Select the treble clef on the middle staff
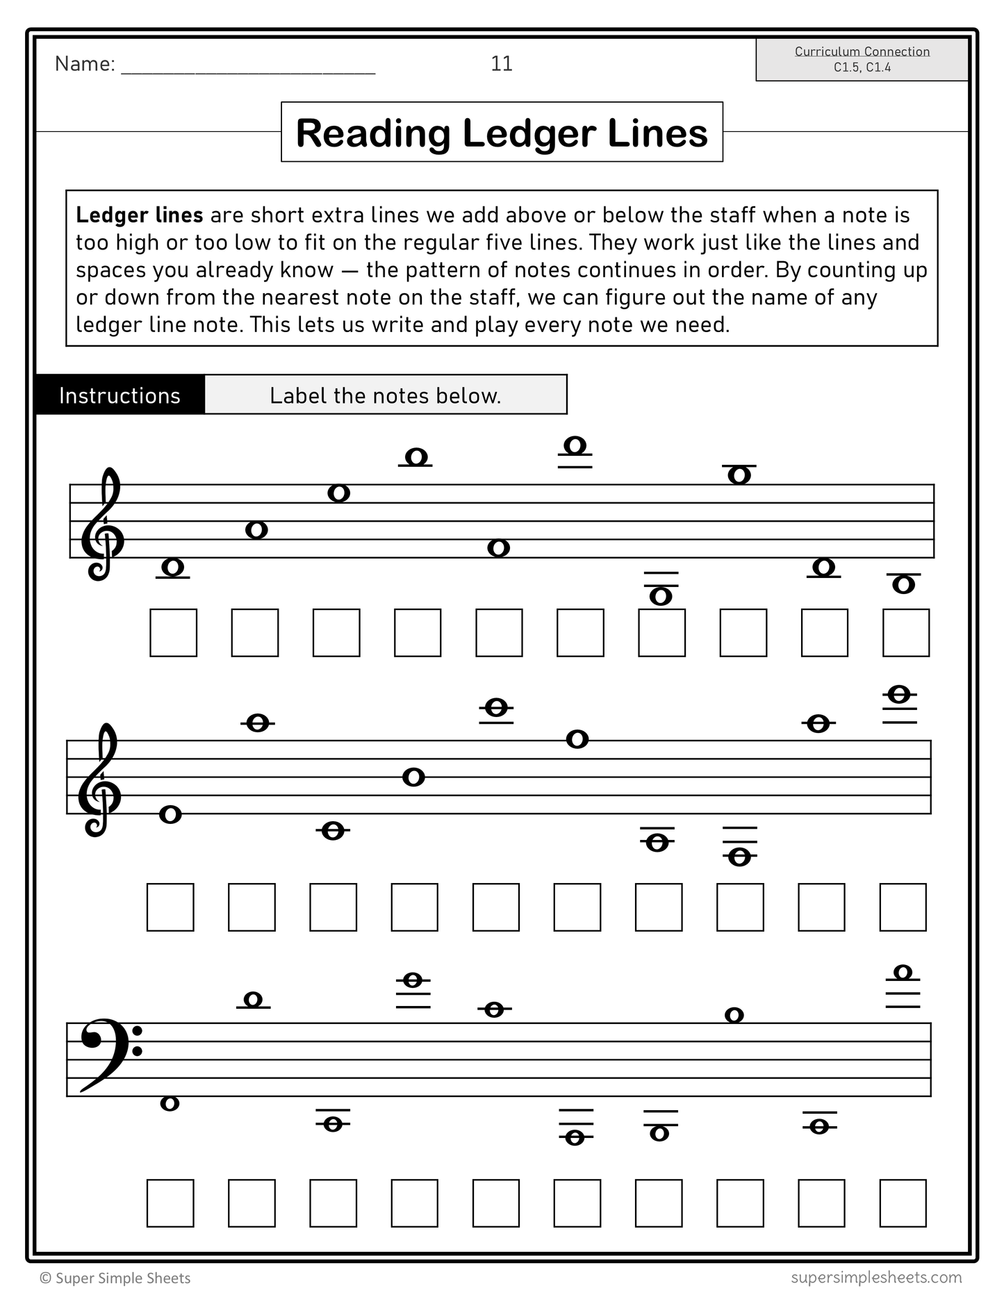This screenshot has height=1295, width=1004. click(99, 780)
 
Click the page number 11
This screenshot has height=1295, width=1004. click(501, 64)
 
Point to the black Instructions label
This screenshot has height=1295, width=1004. click(120, 395)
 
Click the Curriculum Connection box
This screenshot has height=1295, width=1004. click(862, 59)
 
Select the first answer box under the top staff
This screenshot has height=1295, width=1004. click(173, 633)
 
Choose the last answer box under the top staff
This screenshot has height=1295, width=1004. click(905, 633)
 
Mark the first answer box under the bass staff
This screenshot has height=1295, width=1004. click(170, 1203)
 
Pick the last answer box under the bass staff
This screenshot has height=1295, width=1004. click(903, 1203)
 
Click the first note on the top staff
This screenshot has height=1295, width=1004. click(172, 568)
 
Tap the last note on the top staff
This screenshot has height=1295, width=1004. click(903, 584)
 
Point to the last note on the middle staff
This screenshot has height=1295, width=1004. click(900, 694)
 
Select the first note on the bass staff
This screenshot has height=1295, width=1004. click(170, 1103)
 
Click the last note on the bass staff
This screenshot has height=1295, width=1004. click(903, 973)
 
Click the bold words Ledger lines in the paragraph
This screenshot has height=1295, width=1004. click(139, 215)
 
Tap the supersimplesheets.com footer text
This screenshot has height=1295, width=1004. click(876, 1278)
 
